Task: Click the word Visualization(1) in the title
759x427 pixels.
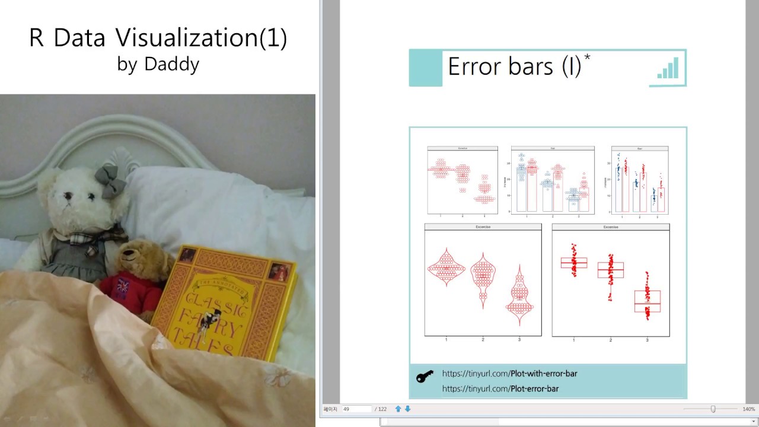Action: tap(201, 38)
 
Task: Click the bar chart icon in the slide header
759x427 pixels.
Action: tap(668, 68)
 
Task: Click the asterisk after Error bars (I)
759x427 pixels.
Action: tap(587, 58)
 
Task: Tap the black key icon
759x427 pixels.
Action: tap(425, 377)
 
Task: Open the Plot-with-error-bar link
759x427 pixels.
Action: tap(509, 374)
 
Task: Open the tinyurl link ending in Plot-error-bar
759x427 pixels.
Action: tap(500, 389)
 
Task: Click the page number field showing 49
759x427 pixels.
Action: tap(356, 409)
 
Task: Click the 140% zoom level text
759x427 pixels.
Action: tap(748, 409)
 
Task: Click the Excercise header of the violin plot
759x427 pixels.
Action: tap(483, 227)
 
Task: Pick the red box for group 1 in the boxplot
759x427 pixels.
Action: tap(573, 263)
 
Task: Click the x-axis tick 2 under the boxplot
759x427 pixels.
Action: tap(610, 340)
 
